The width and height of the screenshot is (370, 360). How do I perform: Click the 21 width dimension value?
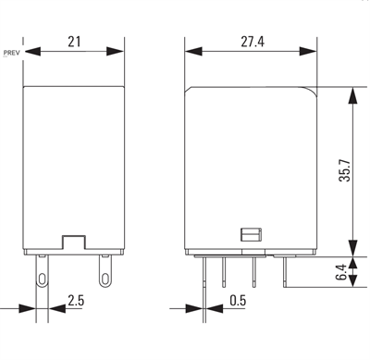(x=74, y=42)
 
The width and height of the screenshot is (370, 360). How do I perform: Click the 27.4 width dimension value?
(x=253, y=42)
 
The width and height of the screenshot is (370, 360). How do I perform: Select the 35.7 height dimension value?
(x=345, y=170)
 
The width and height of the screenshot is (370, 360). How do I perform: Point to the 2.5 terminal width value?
(x=76, y=300)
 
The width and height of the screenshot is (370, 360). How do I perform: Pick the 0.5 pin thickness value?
(x=238, y=300)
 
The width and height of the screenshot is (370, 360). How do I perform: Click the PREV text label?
(x=12, y=53)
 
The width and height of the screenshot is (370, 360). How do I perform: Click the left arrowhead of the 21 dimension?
(x=32, y=52)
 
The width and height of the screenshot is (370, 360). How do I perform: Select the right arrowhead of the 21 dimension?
(x=115, y=52)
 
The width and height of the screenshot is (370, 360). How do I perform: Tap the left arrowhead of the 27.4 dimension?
(x=193, y=52)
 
